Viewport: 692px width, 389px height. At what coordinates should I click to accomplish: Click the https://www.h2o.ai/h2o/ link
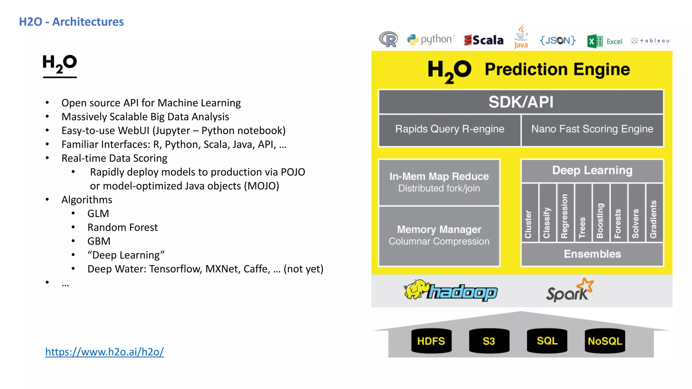104,352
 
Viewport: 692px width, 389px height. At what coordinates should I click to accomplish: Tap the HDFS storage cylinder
431,341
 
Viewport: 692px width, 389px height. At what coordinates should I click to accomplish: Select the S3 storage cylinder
489,341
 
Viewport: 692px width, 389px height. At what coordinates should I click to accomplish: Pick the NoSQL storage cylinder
605,341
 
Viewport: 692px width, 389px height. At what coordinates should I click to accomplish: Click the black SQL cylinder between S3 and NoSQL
547,341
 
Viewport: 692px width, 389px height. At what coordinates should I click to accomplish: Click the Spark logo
570,291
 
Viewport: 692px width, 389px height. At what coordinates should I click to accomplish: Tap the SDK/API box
521,102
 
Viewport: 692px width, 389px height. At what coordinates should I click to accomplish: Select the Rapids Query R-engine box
449,129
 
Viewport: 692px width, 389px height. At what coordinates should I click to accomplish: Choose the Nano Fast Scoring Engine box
592,129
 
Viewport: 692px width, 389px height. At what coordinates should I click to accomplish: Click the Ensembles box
592,254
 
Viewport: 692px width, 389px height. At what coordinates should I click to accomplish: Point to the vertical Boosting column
600,213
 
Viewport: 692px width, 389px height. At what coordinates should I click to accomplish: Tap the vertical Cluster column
529,213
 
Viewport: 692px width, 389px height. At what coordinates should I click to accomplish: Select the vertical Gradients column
654,213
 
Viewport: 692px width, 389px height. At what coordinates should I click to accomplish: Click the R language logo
389,40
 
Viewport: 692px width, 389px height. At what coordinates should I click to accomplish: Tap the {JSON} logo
558,41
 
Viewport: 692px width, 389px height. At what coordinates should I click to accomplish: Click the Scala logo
484,40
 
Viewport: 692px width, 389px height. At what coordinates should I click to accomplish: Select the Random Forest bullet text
122,228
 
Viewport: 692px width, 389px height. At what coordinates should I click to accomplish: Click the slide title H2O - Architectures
71,22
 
